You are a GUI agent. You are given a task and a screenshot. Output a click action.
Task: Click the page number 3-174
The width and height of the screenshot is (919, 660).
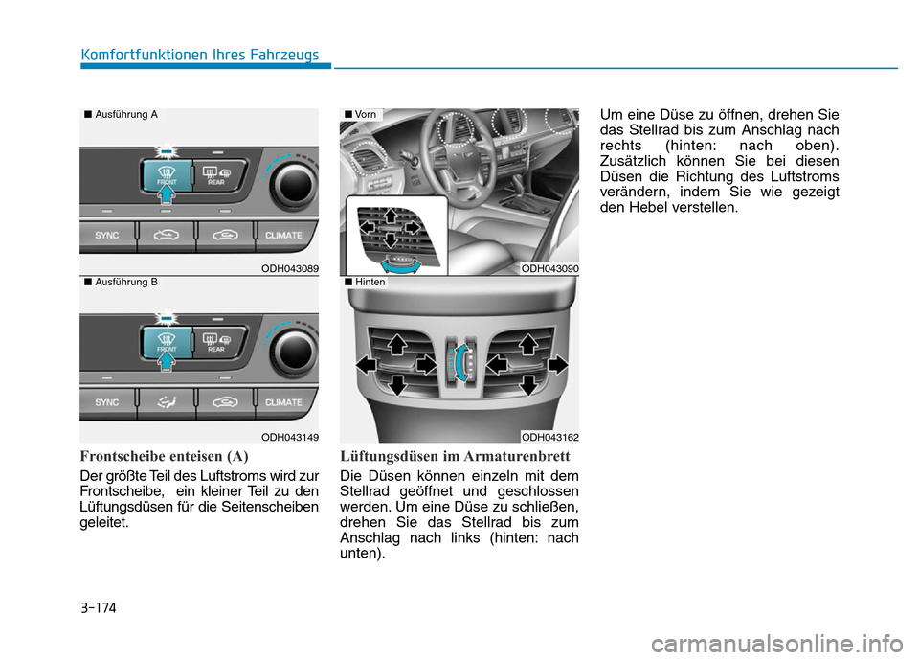[x=99, y=607]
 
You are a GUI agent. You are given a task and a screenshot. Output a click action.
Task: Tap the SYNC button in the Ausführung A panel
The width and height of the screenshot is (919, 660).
[x=107, y=236]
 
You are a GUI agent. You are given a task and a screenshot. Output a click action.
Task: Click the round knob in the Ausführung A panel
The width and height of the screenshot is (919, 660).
[x=294, y=186]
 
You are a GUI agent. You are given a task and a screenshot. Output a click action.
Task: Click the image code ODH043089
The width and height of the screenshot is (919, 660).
[x=289, y=268]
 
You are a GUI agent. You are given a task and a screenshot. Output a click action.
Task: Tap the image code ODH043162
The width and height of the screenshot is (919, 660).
[x=549, y=437]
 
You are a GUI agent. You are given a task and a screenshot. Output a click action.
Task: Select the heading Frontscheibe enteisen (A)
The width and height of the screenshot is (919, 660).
[x=164, y=456]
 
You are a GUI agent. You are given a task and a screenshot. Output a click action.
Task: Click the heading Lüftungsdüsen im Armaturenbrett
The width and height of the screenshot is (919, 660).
[x=455, y=456]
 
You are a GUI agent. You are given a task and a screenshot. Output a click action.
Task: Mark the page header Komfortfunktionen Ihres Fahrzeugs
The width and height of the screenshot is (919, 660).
[x=200, y=55]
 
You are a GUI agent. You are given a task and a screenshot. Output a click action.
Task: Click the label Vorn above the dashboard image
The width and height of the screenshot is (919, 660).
[x=366, y=114]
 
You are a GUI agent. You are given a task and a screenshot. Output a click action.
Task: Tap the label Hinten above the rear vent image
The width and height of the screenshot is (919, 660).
[x=370, y=283]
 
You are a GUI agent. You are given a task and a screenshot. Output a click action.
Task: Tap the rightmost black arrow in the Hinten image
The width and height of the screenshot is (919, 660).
[x=557, y=365]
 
